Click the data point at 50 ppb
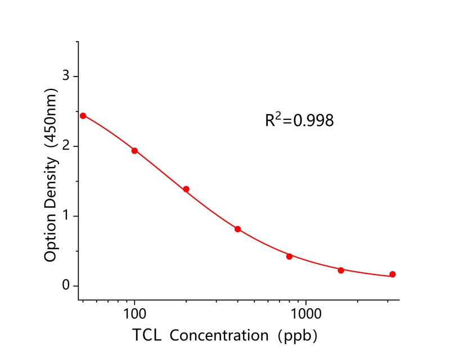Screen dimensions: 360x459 point(83,116)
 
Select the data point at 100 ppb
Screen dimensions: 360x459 point(134,151)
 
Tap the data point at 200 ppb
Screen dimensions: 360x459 point(186,189)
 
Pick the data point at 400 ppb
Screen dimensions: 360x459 point(238,229)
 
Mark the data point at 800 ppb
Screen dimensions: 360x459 point(290,256)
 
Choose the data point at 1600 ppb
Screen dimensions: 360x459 point(341,271)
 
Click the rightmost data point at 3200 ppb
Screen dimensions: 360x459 point(393,274)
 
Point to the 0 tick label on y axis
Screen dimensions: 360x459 point(65,286)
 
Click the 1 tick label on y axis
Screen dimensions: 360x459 point(65,217)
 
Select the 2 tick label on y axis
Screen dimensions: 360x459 point(65,146)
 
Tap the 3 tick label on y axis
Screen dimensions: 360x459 point(65,76)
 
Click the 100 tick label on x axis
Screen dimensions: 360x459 point(134,313)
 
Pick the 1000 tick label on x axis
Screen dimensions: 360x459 point(306,313)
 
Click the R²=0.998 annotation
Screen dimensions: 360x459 point(299,120)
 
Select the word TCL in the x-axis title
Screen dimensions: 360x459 point(147,336)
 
